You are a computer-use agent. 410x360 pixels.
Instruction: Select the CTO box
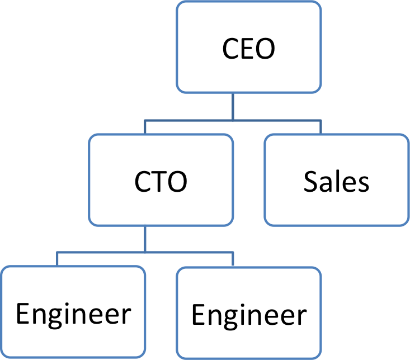(161, 180)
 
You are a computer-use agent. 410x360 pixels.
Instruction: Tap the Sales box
(336, 180)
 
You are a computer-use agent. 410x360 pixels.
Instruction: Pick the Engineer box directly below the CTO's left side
(73, 313)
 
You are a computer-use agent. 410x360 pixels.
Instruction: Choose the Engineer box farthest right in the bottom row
(249, 313)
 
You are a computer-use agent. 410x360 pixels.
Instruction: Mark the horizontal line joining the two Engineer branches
(101, 253)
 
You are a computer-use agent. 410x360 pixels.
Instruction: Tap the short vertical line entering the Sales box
(321, 127)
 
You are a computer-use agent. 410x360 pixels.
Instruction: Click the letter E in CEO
(249, 49)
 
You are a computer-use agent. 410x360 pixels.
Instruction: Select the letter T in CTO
(160, 182)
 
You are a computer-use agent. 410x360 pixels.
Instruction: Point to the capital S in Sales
(311, 182)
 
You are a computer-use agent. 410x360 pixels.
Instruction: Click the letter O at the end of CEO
(265, 49)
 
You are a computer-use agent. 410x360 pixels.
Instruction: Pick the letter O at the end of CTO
(177, 182)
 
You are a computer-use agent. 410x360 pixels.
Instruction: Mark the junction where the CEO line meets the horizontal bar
(233, 120)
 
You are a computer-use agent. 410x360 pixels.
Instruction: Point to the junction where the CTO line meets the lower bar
(145, 253)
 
